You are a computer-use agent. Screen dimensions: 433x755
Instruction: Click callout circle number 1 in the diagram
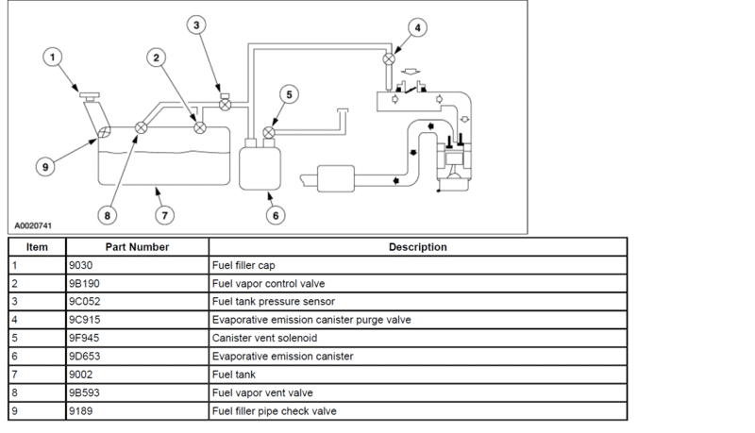click(x=55, y=58)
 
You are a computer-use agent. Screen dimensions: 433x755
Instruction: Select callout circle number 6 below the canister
click(x=277, y=215)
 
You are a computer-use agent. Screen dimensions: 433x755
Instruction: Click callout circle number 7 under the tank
click(x=163, y=215)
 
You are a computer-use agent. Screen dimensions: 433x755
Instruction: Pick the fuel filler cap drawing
click(x=91, y=94)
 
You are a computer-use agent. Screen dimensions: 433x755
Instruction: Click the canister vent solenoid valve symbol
click(x=269, y=133)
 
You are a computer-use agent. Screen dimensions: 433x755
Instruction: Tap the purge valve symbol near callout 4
click(x=387, y=59)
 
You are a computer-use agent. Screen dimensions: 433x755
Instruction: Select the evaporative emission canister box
click(x=256, y=166)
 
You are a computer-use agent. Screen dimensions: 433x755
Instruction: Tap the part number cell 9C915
click(x=85, y=320)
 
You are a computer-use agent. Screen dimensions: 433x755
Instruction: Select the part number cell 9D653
click(x=84, y=357)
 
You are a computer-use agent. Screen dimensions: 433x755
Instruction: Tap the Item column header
click(x=37, y=247)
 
